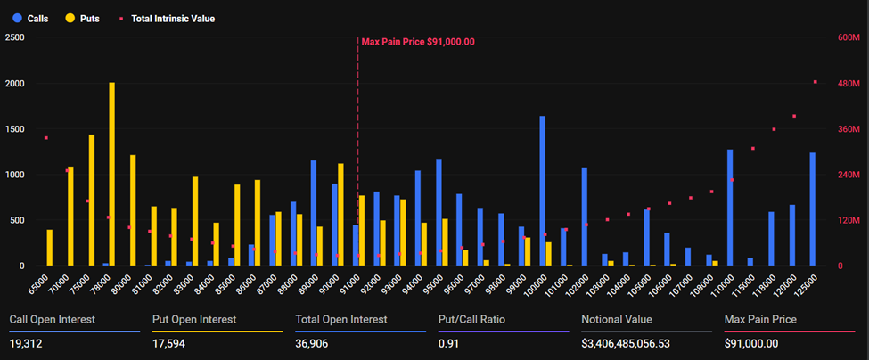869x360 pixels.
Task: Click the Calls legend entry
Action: pos(30,18)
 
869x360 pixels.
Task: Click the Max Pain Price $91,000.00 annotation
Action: pos(417,41)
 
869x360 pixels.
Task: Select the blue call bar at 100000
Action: pos(542,191)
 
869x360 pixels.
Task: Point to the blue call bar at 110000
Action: pos(729,208)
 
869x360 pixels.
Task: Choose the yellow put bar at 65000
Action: pos(50,248)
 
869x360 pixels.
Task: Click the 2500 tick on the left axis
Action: pos(15,37)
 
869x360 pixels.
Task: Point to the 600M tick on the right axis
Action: pos(848,37)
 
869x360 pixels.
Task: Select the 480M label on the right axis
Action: pos(848,84)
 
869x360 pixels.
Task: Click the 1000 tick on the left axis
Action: pos(15,175)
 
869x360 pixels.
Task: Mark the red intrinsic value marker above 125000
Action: pos(815,82)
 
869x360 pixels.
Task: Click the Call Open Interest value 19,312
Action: pos(27,343)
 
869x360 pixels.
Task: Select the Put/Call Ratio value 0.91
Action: pos(447,343)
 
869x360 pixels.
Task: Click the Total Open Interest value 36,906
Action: pos(314,343)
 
